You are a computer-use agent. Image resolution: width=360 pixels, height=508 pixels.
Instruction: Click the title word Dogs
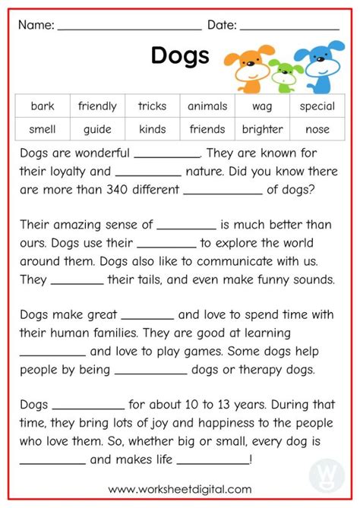[180, 55]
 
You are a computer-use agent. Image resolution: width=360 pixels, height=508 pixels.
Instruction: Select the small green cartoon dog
[285, 73]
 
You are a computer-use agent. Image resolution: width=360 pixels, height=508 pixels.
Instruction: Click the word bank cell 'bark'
[43, 106]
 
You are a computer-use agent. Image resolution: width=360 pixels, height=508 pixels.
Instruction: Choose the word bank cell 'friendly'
[97, 106]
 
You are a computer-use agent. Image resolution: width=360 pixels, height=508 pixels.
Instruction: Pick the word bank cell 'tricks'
[152, 106]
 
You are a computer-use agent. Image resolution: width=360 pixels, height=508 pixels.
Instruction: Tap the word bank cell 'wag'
[262, 106]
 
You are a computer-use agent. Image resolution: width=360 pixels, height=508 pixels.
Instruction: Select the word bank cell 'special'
[317, 106]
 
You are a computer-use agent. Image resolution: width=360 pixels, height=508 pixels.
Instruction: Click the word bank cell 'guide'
[97, 129]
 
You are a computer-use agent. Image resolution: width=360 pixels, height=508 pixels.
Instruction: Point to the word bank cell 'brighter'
[262, 129]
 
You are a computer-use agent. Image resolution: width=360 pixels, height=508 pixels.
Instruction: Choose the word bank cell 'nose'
[317, 129]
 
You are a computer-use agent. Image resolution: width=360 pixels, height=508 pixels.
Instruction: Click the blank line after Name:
[129, 27]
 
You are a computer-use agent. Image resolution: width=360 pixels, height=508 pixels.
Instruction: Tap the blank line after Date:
[289, 27]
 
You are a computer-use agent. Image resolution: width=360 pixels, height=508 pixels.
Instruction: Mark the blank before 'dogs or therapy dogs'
[150, 373]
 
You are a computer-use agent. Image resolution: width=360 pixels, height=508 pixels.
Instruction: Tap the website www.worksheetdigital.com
[180, 490]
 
